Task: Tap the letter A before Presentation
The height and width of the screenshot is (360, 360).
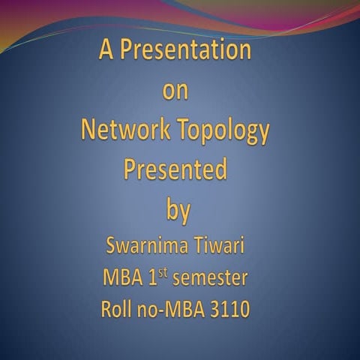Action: tap(106, 50)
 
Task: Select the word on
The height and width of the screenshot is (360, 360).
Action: tap(175, 91)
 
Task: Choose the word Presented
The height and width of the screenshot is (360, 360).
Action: tap(175, 170)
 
